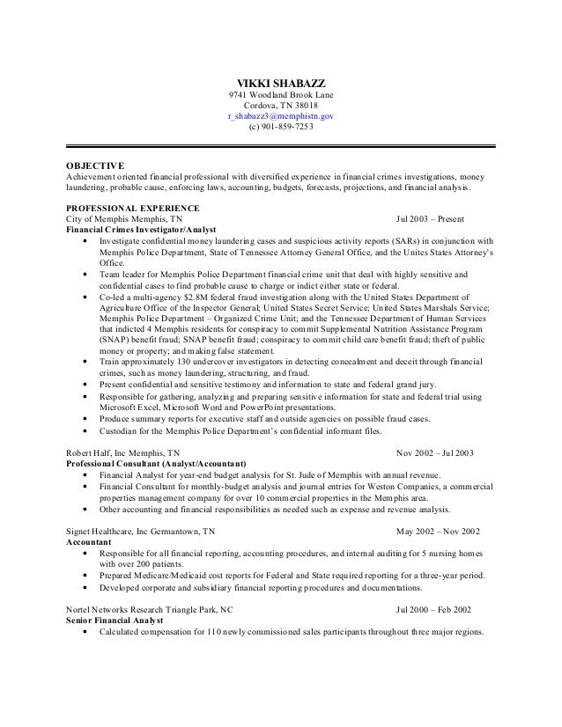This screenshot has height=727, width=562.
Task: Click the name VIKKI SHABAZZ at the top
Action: coord(281,82)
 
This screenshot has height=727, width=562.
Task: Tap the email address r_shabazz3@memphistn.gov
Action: coord(281,116)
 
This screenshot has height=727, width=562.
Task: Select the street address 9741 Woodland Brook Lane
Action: coord(281,95)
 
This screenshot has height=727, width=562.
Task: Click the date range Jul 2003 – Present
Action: coord(432,218)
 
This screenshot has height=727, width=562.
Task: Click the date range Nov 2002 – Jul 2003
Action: coord(435,453)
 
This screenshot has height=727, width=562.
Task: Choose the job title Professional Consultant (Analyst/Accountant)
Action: coord(157,464)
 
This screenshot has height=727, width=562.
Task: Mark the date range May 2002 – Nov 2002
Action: coord(438,532)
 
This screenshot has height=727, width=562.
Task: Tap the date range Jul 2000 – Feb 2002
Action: coord(433,609)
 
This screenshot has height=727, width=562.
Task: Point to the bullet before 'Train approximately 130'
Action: coord(84,362)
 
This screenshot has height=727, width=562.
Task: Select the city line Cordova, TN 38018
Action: coord(281,106)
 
